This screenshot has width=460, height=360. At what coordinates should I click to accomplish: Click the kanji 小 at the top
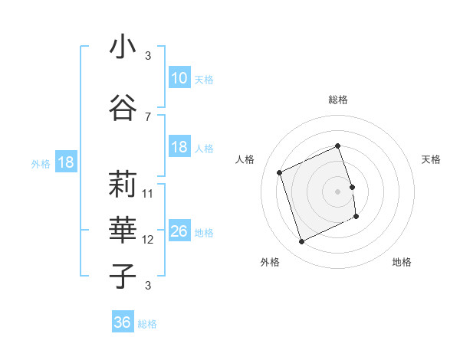123,47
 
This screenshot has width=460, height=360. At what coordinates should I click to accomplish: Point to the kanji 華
123,228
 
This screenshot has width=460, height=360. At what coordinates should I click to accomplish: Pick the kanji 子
123,276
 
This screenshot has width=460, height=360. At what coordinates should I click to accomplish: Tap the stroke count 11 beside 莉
148,194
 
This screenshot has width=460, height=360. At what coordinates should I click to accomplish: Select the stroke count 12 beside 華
148,240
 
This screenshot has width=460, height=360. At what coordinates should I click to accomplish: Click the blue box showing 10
179,77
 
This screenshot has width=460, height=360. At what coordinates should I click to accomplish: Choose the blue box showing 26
179,231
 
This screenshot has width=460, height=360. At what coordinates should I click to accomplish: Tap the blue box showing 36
122,322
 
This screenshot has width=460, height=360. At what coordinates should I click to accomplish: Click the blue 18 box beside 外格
65,162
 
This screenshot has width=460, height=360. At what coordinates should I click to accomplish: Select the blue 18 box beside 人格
179,148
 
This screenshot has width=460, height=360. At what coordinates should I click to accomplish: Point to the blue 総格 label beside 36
147,324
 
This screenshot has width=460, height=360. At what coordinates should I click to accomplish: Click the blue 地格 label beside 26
204,233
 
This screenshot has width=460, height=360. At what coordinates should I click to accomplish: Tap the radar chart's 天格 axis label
431,159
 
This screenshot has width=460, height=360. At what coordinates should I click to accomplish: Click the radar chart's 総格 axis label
338,100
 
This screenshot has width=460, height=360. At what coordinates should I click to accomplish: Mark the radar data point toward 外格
301,242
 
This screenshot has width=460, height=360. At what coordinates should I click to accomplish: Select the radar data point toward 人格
280,172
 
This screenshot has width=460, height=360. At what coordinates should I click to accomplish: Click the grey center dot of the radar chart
338,191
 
